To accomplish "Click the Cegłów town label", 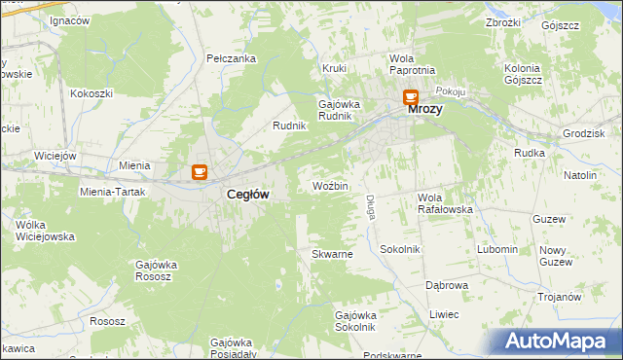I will (247, 195).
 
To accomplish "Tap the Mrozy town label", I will (424, 110).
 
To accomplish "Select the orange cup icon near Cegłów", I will (200, 172).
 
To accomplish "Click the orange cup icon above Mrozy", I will (411, 97).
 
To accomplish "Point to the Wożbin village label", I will (330, 185).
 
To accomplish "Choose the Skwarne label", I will (331, 254).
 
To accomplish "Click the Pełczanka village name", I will (232, 58).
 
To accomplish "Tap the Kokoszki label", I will (92, 94).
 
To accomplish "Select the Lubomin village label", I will (497, 249).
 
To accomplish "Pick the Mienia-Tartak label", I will (112, 192).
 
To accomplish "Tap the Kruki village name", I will (335, 68).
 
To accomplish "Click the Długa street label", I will (371, 206).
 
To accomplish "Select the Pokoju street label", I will (451, 90).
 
